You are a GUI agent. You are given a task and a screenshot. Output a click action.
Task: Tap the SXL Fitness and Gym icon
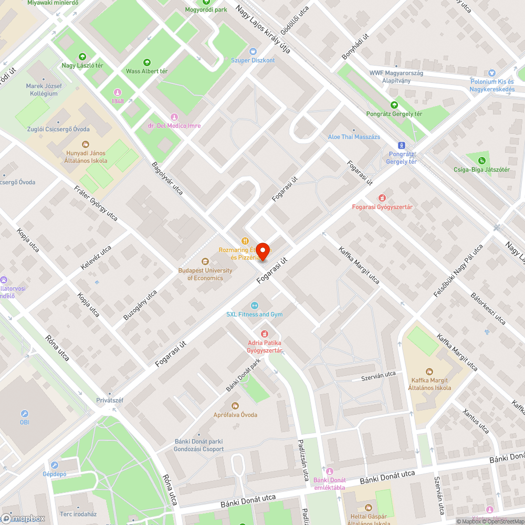255,306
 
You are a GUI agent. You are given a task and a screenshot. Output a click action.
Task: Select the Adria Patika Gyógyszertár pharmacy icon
265,334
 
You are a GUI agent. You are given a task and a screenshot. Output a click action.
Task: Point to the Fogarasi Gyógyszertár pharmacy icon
382,198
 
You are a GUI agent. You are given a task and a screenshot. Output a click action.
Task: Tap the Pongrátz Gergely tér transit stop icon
402,145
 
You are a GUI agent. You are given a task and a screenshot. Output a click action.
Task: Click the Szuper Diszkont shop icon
253,51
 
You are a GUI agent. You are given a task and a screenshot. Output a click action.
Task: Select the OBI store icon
25,414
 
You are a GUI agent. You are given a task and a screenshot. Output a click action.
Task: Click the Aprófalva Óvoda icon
235,406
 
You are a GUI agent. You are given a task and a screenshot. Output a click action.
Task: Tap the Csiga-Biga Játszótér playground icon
482,161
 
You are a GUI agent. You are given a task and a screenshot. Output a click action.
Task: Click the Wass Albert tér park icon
146,62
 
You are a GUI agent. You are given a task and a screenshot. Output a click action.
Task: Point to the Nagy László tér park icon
82,57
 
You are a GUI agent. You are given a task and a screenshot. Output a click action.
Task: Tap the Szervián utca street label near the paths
378,375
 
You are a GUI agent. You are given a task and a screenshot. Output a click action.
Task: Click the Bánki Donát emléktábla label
329,484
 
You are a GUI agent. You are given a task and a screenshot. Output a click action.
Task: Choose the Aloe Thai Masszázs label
353,136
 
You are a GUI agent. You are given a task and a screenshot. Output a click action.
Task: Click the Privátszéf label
110,400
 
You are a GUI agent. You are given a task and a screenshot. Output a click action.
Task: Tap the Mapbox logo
23,518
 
